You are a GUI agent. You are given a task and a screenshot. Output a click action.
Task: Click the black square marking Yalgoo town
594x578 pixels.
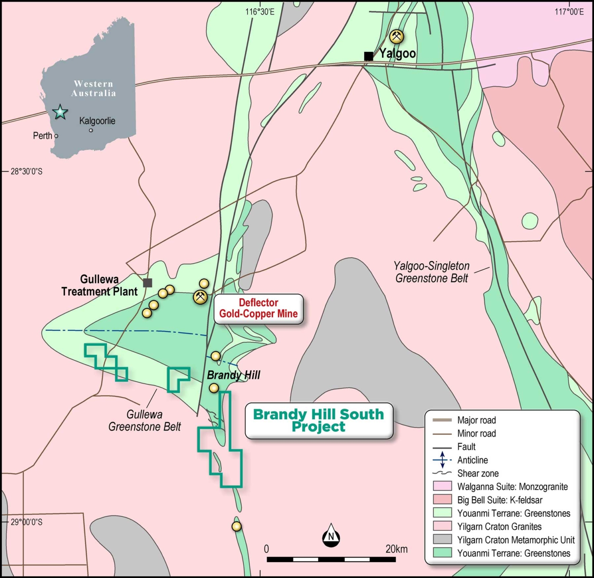368,56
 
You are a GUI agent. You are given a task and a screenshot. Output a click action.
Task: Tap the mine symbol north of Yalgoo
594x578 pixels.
396,36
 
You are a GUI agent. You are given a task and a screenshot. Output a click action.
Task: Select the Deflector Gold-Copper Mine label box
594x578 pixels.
258,308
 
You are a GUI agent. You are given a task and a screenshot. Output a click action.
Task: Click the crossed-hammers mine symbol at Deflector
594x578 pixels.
200,297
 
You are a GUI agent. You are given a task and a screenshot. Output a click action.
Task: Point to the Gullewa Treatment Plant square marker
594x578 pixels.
148,282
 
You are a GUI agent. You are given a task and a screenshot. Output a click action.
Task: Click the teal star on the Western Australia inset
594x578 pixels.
60,112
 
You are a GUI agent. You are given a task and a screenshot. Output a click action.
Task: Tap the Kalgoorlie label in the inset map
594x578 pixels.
97,121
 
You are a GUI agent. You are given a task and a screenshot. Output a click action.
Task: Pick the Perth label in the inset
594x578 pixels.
42,136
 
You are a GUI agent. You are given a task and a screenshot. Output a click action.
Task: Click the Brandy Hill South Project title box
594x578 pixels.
318,420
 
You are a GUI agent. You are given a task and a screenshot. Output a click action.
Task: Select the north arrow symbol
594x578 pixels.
331,535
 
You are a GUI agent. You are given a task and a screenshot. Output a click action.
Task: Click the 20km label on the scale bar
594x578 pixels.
396,549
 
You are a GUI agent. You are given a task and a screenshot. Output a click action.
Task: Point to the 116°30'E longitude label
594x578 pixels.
259,12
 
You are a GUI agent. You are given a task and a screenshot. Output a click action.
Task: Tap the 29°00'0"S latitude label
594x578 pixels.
27,522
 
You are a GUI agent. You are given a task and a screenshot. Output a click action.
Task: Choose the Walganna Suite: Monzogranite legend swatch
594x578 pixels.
442,487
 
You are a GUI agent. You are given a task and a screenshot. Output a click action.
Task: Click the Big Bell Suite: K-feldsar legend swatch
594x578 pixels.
442,500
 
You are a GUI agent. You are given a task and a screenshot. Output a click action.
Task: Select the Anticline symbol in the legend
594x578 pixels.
442,460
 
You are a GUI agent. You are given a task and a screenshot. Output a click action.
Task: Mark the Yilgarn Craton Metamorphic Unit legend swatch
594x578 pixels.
442,540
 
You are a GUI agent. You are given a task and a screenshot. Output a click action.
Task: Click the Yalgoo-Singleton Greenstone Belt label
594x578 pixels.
432,272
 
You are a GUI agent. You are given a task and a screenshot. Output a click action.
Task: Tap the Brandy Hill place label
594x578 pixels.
234,375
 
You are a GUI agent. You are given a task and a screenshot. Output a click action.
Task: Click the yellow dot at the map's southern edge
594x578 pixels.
236,526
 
